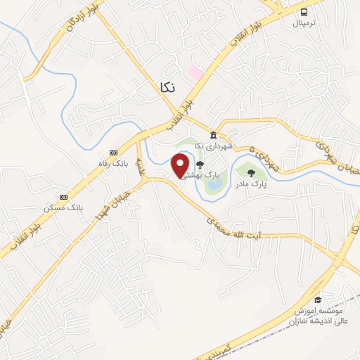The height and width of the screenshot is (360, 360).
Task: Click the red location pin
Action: pos(181,165)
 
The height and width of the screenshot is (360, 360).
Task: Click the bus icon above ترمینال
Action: pos(304,12)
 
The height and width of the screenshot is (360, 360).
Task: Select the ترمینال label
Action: pos(305,23)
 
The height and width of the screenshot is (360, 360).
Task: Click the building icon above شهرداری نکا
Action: pos(213,134)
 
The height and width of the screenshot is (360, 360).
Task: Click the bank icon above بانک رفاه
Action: pos(113,153)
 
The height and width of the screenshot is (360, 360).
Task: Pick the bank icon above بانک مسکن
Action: pos(63,197)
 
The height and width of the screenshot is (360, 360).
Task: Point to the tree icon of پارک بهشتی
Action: pos(200,165)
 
